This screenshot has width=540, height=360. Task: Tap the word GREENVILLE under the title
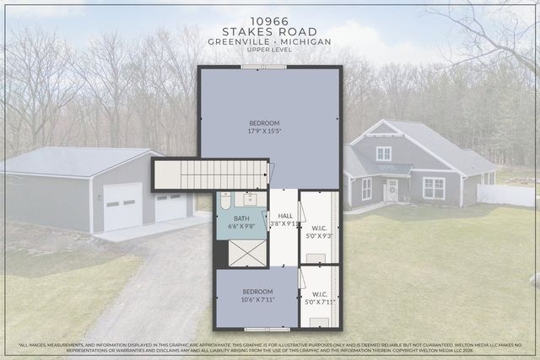(x=234, y=40)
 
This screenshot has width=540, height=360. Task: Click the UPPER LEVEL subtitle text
(x=270, y=50)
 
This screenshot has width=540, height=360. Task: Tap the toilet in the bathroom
(x=225, y=201)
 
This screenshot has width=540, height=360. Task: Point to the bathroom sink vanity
(x=249, y=199)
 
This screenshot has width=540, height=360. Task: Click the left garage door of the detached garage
(x=122, y=206)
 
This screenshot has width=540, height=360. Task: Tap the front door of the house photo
(x=392, y=191)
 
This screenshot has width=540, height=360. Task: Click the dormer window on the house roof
(x=384, y=153)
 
